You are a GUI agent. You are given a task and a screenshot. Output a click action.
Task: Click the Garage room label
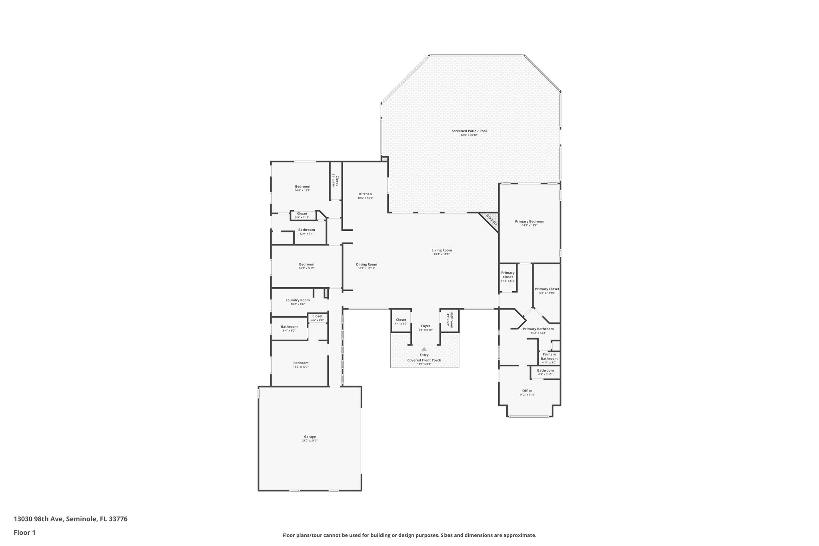point(310,436)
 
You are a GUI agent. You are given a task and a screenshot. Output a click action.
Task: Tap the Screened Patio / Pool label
point(469,131)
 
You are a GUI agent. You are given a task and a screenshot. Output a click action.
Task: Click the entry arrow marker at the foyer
point(424,349)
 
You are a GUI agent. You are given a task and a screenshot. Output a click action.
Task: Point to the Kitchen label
point(365,194)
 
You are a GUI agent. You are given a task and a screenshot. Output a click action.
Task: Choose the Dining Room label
point(366,264)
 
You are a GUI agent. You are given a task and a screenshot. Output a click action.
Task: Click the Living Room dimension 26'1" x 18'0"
point(441,254)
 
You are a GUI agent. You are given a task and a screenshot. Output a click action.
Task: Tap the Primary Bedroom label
point(529,222)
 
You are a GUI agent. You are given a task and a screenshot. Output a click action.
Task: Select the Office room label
point(527,391)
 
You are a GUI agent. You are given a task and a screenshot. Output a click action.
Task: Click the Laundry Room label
point(298,300)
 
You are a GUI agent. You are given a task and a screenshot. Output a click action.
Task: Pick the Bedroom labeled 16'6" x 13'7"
point(302,186)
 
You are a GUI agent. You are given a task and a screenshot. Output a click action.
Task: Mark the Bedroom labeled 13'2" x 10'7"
point(301,363)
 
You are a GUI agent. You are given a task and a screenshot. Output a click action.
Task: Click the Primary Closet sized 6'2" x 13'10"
point(547,289)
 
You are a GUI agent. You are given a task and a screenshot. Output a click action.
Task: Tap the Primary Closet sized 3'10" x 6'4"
point(508,275)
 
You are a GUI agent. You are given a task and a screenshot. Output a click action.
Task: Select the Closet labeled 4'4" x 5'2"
point(401,320)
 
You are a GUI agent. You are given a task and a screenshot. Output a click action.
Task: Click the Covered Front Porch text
point(424,360)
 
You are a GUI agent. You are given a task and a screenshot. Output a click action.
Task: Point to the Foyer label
point(425,326)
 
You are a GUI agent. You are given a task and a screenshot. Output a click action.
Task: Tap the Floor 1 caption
point(25,532)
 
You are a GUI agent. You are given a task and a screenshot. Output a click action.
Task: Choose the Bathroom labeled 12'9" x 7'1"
point(306,230)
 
